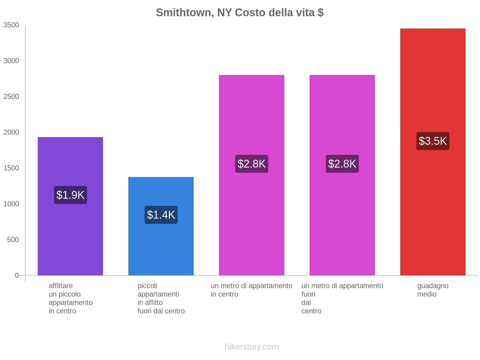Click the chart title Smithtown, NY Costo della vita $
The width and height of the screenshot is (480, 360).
[240, 13]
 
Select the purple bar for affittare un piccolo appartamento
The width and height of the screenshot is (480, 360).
[70, 234]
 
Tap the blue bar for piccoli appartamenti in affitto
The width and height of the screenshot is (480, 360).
[161, 249]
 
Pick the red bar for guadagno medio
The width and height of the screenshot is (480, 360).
[433, 210]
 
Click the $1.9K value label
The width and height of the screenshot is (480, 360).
[70, 195]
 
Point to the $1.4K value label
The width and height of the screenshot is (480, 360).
[161, 215]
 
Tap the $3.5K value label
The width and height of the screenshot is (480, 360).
[433, 141]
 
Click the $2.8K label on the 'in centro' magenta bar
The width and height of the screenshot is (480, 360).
[252, 164]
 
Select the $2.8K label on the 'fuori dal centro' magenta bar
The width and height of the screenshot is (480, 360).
[342, 164]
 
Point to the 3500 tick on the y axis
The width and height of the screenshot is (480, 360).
[11, 25]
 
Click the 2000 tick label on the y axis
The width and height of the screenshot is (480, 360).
[11, 132]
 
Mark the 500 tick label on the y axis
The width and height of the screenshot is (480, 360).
[13, 240]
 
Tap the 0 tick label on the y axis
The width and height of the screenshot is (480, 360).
[17, 275]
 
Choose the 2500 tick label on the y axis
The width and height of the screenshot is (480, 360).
[11, 97]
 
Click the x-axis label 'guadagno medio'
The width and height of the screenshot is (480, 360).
[433, 290]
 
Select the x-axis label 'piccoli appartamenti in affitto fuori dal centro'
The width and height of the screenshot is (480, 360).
[161, 298]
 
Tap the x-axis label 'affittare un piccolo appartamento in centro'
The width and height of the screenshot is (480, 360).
[70, 298]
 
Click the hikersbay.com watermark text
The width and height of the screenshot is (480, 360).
[251, 347]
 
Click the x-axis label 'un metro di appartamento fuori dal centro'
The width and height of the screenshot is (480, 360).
[342, 298]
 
